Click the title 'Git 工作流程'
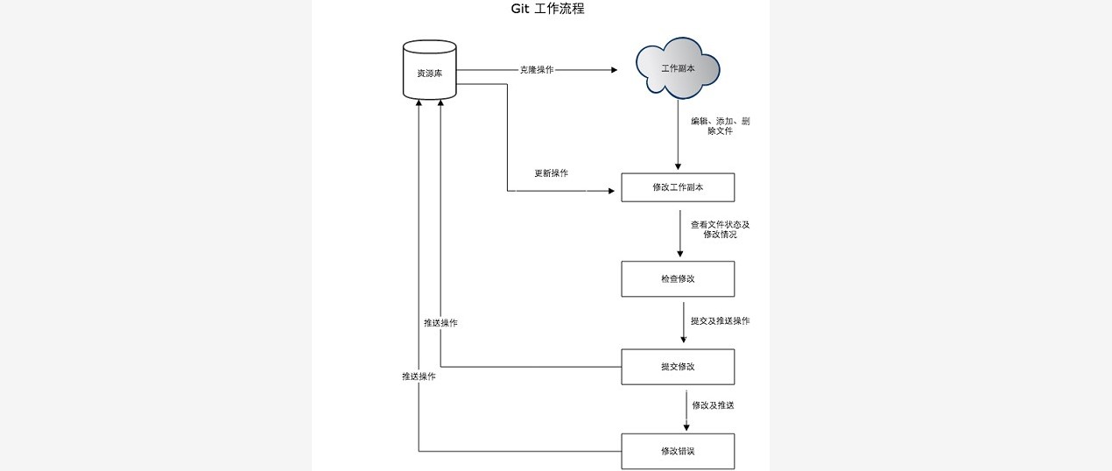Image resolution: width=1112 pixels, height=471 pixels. tap(547, 10)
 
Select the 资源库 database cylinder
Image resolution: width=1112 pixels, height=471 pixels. tap(429, 70)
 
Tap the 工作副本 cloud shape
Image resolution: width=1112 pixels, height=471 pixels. tap(678, 67)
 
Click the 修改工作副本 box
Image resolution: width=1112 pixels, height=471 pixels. tap(677, 187)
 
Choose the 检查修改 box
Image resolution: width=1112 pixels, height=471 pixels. tap(677, 278)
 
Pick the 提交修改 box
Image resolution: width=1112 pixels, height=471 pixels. tap(677, 367)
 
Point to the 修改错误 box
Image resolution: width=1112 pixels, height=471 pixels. tap(677, 451)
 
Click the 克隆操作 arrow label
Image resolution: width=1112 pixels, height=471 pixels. tap(536, 70)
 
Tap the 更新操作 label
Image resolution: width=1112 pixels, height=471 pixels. tap(551, 173)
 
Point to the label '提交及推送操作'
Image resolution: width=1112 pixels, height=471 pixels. tap(720, 321)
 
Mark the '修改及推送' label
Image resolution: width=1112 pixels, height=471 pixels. tap(713, 405)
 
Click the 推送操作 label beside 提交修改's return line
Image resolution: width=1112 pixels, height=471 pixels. tap(440, 323)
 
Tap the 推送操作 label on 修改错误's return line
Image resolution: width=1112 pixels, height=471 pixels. tap(419, 376)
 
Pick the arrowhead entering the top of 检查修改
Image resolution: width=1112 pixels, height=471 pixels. tap(680, 256)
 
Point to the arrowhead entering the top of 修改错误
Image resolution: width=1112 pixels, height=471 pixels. tap(686, 428)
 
